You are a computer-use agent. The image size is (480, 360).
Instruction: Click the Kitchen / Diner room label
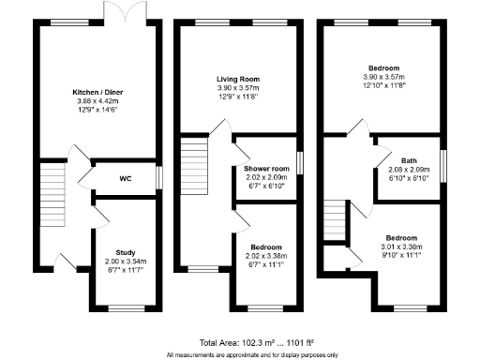point(98,92)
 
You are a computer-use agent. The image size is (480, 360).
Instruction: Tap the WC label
point(124,177)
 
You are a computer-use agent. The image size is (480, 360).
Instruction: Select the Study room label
point(125,253)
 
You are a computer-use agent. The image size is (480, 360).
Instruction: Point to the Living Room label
point(238,79)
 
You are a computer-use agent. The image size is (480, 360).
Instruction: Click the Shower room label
point(265,169)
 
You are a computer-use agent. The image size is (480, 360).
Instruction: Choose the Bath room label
point(410,160)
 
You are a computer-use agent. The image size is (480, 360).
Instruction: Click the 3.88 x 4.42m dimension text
point(98,100)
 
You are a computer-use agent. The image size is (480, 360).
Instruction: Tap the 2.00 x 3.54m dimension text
point(125,262)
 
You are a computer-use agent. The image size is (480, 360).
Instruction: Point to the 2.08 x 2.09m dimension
point(410,169)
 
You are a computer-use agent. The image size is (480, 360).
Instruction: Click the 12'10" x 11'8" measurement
point(382,84)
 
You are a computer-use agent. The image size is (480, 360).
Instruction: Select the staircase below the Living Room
point(193,155)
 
